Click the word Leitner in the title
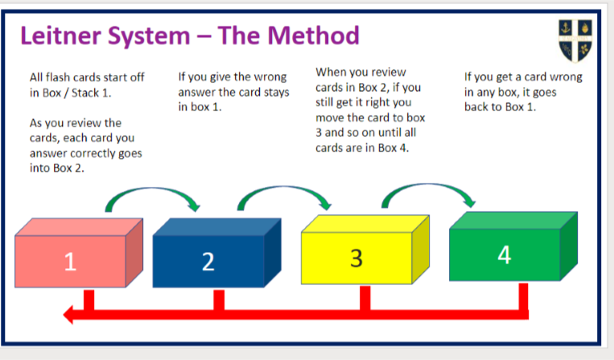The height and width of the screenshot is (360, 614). [x=62, y=35]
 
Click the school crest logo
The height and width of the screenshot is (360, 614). [x=575, y=41]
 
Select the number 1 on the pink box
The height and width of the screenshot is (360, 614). [x=70, y=261]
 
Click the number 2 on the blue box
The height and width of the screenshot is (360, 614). [x=208, y=261]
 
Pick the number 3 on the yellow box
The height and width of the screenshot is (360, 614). [x=356, y=259]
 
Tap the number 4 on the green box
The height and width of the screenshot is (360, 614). [x=505, y=255]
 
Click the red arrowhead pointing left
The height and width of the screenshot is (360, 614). [x=69, y=314]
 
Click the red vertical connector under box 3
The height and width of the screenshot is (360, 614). [x=365, y=299]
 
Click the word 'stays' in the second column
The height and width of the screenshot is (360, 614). [x=277, y=93]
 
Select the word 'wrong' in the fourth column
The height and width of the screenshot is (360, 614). [x=567, y=77]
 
